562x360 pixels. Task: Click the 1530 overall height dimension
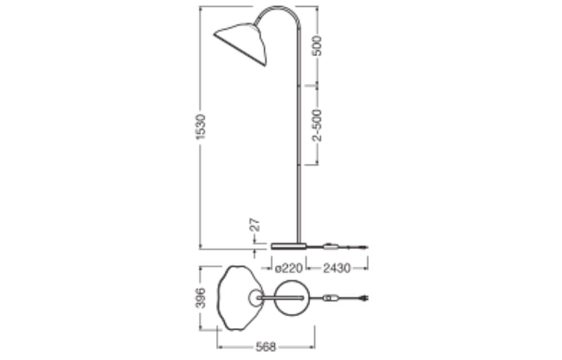[202, 127]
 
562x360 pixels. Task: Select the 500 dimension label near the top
[318, 46]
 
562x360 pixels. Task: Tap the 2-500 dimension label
[317, 125]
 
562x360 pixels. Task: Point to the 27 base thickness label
[254, 224]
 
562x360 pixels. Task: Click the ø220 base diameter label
[289, 268]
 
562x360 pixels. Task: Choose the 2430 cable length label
[337, 268]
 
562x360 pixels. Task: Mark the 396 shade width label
[201, 298]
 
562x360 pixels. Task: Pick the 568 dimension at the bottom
[266, 346]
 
